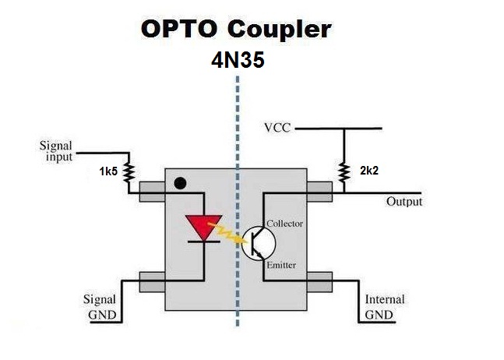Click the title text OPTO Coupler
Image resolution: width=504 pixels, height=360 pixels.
(235, 30)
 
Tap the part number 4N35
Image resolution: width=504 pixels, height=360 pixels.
(238, 62)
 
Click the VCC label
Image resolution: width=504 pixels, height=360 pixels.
(277, 128)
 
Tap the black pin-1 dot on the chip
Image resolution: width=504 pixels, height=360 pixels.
(180, 184)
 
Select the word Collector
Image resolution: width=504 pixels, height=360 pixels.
(284, 224)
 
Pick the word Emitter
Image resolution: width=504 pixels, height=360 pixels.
(281, 265)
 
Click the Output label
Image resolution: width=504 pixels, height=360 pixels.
(404, 202)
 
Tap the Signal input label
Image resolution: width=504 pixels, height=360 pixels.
(56, 150)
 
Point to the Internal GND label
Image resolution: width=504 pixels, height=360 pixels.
(385, 306)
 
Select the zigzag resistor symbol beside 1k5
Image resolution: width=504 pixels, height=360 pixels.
(129, 171)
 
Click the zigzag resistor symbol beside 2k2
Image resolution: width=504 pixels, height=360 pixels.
(343, 171)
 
